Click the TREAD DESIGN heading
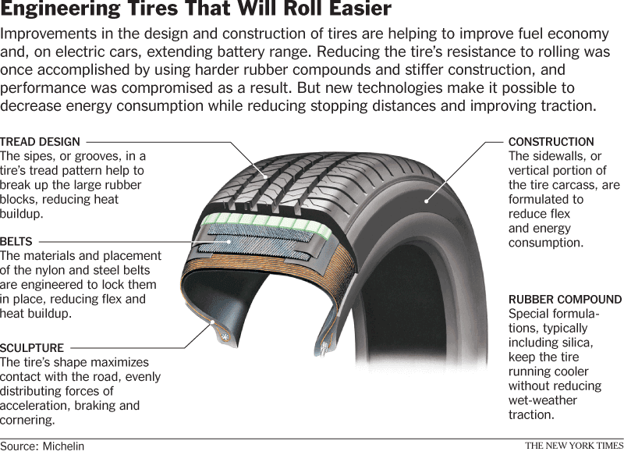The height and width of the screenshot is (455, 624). [40, 142]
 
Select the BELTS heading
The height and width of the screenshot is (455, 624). [16, 242]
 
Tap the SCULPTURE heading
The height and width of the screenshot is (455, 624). [32, 348]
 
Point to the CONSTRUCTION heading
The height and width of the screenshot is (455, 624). [551, 142]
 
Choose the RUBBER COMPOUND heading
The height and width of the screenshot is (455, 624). [565, 300]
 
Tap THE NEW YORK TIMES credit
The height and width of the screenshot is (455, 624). [573, 446]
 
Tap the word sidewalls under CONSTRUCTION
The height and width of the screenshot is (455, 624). [558, 156]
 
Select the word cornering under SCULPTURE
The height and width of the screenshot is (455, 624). [27, 419]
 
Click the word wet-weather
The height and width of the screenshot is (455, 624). [542, 400]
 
